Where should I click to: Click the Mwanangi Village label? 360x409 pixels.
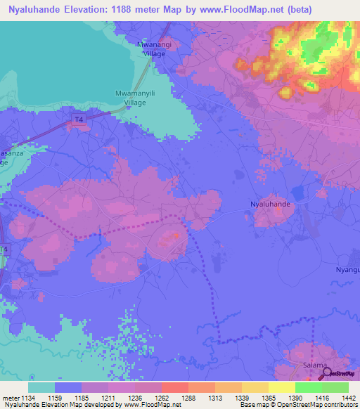(x=153, y=48)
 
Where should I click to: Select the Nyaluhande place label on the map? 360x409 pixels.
(x=271, y=204)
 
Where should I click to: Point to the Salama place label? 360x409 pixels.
(x=314, y=365)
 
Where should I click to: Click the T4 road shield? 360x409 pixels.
(x=79, y=121)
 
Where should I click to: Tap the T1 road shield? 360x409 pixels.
(x=4, y=250)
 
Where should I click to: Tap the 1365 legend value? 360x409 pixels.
(x=259, y=398)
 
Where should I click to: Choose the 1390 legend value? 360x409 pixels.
(x=286, y=398)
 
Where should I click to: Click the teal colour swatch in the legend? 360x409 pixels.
(x=41, y=387)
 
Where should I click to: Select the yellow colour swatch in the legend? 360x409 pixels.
(x=281, y=387)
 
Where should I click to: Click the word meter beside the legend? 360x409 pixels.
(x=11, y=398)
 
